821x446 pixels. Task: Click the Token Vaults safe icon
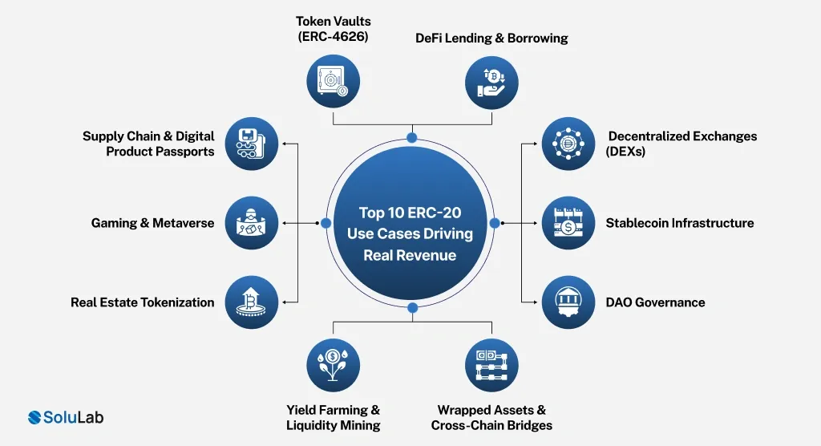click(x=334, y=81)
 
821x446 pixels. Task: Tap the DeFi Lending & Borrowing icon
click(x=491, y=81)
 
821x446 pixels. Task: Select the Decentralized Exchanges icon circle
click(x=568, y=144)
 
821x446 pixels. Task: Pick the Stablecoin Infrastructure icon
click(x=568, y=222)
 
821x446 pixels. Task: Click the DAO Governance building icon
click(x=568, y=302)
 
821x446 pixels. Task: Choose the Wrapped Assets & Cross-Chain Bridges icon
click(x=491, y=364)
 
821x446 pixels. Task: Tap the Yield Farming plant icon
click(x=334, y=364)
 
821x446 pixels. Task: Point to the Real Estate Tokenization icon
click(x=252, y=302)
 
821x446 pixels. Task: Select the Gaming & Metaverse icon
click(x=252, y=222)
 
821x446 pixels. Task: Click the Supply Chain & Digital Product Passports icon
click(x=252, y=144)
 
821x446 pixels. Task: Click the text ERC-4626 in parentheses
click(x=332, y=36)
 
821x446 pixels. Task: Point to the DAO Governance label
click(x=655, y=302)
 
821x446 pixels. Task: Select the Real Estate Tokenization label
click(x=142, y=302)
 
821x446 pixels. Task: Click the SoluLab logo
click(x=66, y=417)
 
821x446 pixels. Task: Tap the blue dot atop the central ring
click(x=412, y=138)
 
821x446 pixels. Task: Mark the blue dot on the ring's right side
click(x=495, y=222)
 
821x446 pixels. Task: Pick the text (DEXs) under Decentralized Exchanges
click(x=625, y=151)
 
